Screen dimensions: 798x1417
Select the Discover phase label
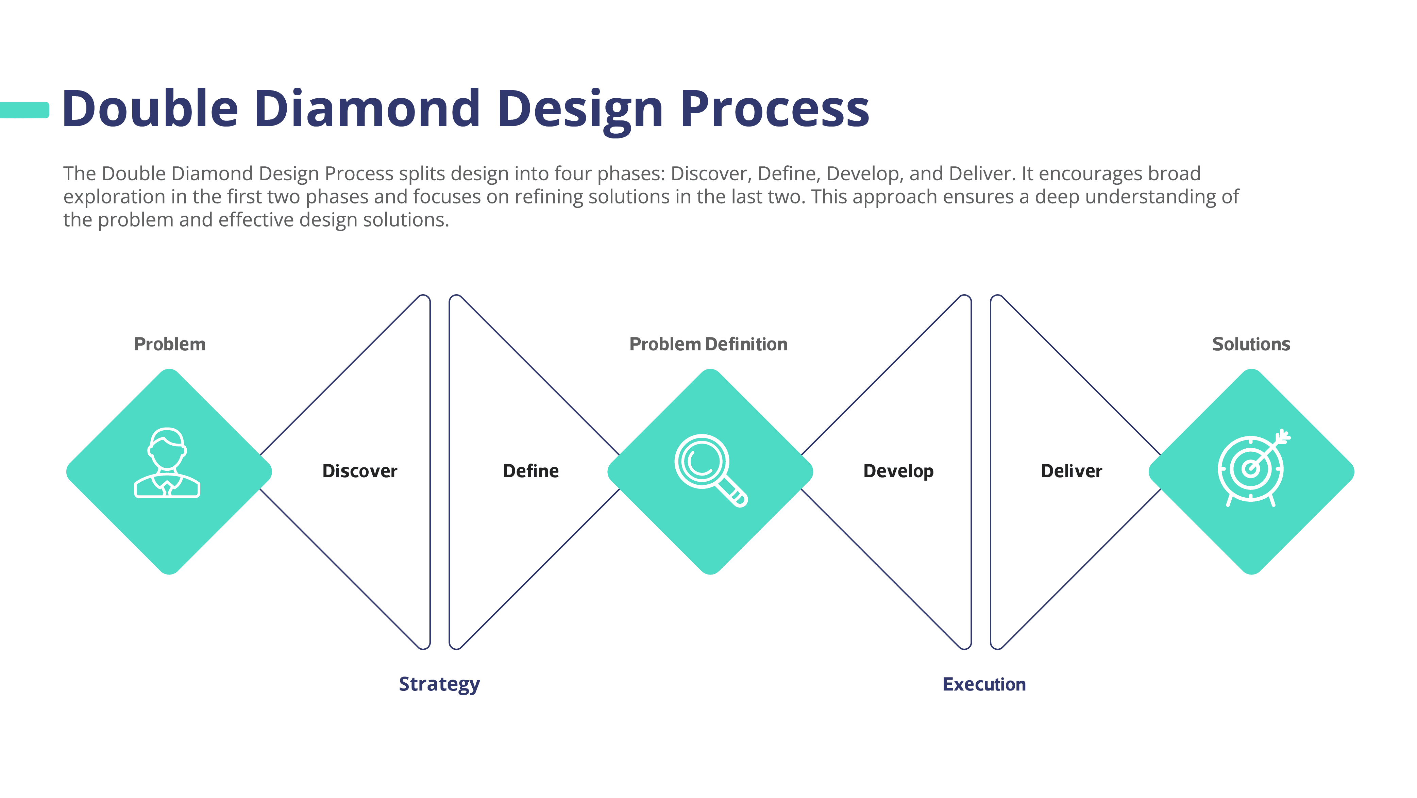coord(360,471)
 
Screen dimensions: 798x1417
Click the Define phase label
coord(531,471)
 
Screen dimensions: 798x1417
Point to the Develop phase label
coord(898,471)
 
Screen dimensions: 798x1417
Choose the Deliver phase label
coord(1072,471)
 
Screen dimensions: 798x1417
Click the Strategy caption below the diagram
coord(439,684)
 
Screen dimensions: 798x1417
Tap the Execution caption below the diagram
coord(984,684)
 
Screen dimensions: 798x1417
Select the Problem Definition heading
coord(708,345)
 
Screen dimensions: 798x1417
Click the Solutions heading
coord(1251,345)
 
